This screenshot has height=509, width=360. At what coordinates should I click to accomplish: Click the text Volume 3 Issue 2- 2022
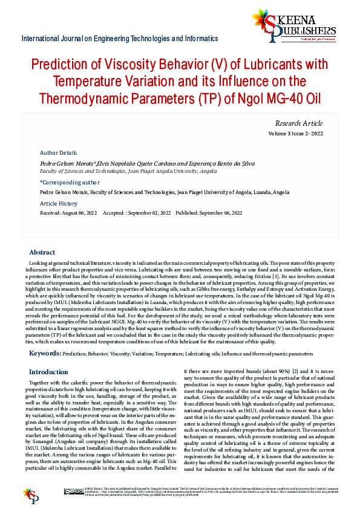click(304, 134)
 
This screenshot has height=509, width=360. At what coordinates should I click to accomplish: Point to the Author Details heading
click(58, 153)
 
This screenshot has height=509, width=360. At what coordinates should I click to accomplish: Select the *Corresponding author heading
click(70, 182)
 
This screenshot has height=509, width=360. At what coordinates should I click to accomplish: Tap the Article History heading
click(59, 204)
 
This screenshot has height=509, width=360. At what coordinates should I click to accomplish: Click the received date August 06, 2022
click(79, 213)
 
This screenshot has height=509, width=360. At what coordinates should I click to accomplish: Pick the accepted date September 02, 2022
click(148, 213)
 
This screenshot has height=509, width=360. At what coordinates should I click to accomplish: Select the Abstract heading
click(42, 253)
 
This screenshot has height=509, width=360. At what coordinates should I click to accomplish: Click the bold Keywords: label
click(45, 352)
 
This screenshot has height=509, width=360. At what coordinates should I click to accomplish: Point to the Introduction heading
click(49, 372)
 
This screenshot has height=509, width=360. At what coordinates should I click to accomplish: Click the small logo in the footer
click(30, 493)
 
